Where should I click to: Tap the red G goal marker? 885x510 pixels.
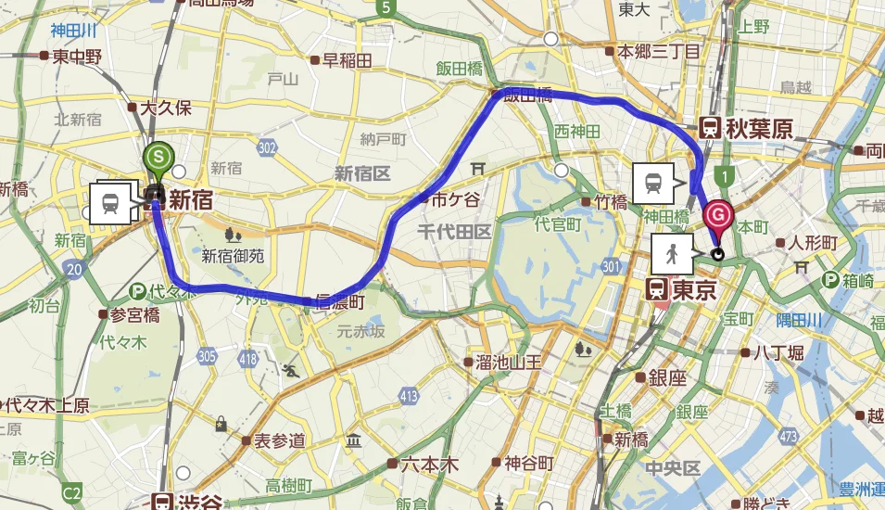718,217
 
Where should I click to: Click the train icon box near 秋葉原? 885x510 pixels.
652,183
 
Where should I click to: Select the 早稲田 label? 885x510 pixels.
348,61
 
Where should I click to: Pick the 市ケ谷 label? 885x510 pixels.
457,198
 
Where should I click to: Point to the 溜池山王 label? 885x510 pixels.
508,361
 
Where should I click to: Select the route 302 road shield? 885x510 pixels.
269,147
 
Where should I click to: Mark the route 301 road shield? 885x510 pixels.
609,268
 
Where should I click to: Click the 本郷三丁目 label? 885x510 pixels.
659,51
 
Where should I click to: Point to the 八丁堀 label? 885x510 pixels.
777,351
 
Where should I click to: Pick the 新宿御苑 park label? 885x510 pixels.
233,256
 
